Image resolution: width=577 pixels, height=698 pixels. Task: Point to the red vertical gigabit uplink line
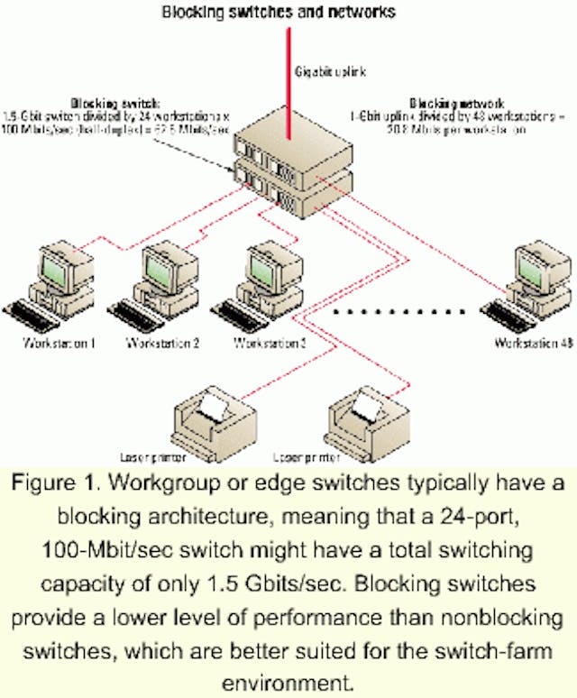288,72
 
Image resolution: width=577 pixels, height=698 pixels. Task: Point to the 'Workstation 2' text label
162,344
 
